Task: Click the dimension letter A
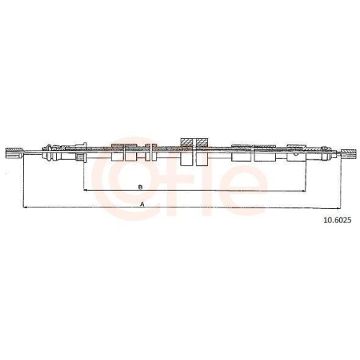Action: [142, 204]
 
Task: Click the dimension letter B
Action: [140, 187]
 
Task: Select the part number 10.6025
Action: [338, 220]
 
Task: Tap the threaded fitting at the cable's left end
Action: [14, 153]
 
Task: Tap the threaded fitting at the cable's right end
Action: [349, 153]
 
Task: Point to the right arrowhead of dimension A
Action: [338, 208]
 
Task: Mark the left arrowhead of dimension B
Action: [85, 190]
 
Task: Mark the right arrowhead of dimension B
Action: [304, 191]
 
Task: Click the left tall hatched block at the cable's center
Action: [186, 152]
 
